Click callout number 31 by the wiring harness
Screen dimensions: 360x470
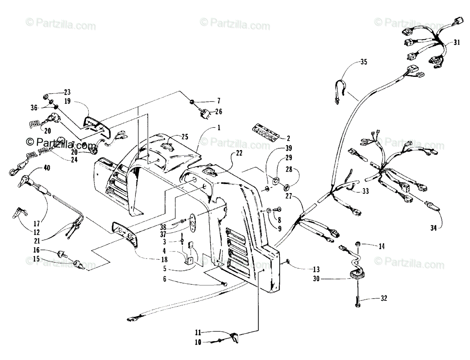point(457,43)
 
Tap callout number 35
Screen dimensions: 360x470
point(364,62)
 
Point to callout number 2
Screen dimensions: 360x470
point(288,138)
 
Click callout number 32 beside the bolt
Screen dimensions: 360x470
point(383,298)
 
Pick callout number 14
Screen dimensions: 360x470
point(381,246)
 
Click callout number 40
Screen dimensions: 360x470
point(47,168)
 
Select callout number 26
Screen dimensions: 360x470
point(218,111)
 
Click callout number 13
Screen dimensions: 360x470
point(316,269)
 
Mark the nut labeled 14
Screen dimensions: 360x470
point(358,244)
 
